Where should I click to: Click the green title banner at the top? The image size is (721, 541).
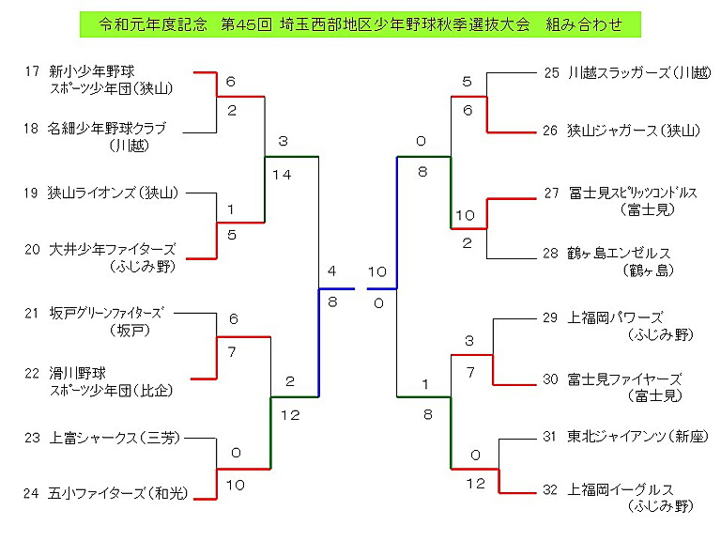tap(360, 24)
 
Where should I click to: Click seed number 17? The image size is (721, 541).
tap(32, 70)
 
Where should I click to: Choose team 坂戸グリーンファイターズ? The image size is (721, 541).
tap(105, 313)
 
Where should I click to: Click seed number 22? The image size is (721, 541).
tap(32, 373)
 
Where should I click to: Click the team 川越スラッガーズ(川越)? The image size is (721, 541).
tap(638, 71)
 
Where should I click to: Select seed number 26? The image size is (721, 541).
tap(551, 131)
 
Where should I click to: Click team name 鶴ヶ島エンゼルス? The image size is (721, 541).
tap(619, 254)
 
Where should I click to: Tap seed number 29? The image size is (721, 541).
tap(551, 317)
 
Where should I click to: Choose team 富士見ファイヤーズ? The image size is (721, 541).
tap(624, 379)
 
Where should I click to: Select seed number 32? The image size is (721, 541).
tap(551, 489)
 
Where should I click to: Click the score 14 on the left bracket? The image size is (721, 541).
tap(282, 174)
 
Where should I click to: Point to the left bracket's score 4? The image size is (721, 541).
tap(331, 271)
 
